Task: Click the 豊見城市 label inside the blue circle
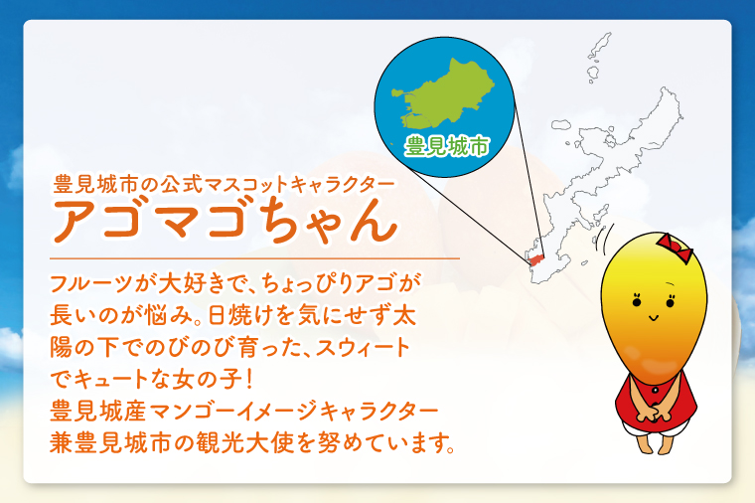(x=446, y=146)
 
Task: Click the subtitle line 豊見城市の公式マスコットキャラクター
(x=225, y=184)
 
